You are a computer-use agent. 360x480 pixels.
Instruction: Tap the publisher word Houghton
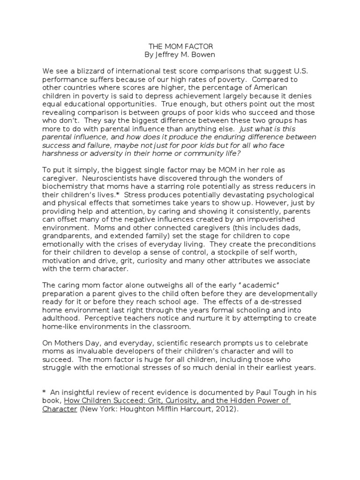pos(150,408)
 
